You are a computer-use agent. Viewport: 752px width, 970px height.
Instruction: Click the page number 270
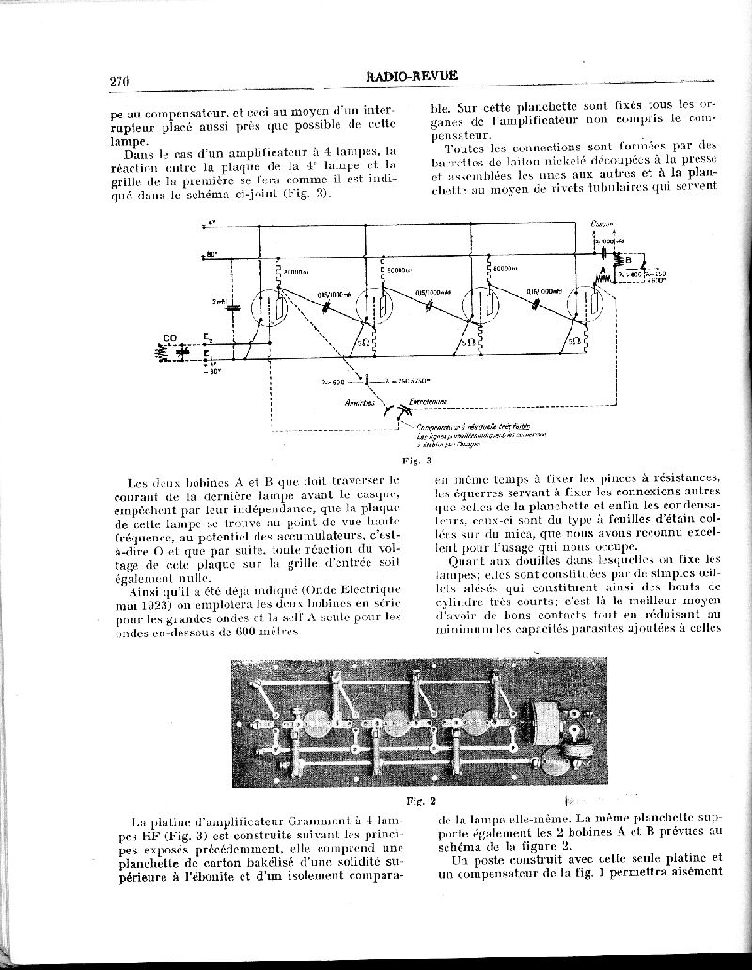[118, 81]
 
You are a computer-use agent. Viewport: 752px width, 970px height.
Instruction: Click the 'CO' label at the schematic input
[170, 338]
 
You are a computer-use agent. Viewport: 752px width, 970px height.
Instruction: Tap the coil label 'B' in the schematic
[628, 261]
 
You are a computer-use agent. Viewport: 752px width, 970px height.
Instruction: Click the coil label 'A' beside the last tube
[602, 270]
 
